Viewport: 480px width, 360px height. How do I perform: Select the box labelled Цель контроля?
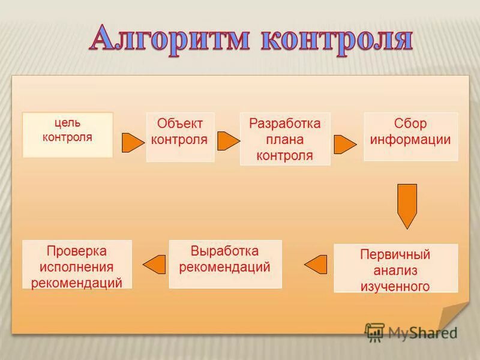click(x=68, y=135)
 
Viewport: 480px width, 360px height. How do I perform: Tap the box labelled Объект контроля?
click(x=180, y=137)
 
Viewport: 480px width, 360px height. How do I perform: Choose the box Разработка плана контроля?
click(x=285, y=139)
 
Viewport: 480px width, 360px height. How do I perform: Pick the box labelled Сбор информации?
click(x=410, y=137)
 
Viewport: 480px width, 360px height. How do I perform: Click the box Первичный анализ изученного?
click(x=395, y=268)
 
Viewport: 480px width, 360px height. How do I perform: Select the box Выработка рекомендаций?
click(x=225, y=264)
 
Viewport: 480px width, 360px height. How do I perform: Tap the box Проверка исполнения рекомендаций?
click(x=77, y=265)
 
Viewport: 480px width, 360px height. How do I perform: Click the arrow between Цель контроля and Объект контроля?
click(x=132, y=143)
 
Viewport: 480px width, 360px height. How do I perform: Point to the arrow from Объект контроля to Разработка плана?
click(x=227, y=141)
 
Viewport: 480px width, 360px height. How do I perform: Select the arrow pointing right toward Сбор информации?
click(x=344, y=145)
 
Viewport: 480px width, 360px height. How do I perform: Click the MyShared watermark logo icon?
click(x=375, y=332)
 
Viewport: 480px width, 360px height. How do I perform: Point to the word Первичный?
click(x=395, y=254)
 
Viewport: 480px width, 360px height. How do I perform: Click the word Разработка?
click(x=285, y=124)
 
